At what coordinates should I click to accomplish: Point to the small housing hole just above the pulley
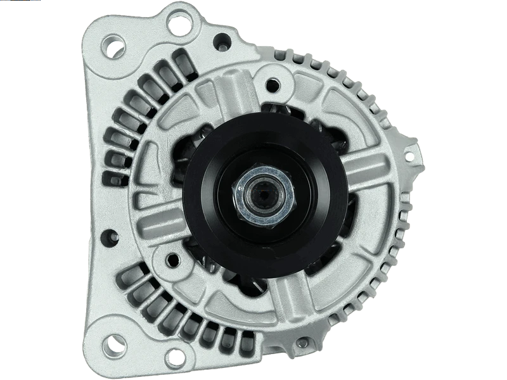(x=274, y=82)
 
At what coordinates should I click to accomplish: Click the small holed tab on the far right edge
(x=412, y=154)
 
